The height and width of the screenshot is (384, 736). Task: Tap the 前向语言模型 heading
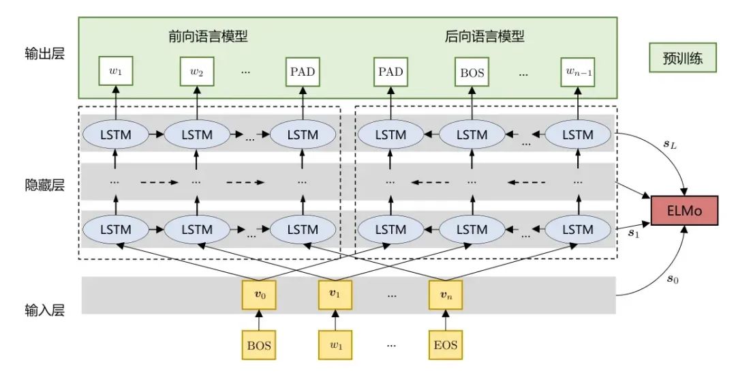click(208, 36)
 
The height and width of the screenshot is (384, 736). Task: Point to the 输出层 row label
click(44, 54)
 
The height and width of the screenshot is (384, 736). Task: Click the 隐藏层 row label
click(44, 185)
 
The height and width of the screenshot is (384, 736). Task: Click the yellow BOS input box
click(258, 345)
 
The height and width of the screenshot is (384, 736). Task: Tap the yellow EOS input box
click(446, 345)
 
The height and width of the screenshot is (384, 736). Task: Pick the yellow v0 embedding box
click(258, 295)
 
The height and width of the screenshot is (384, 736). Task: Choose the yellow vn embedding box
click(446, 295)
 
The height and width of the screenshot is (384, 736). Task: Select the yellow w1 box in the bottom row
click(335, 345)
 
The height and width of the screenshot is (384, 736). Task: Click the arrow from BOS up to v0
click(258, 320)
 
